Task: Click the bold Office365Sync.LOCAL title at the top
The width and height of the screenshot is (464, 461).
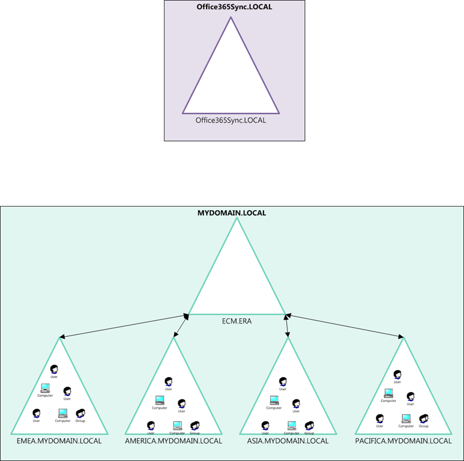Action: pyautogui.click(x=231, y=8)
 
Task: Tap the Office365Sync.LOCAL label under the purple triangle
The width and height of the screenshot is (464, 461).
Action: pyautogui.click(x=230, y=120)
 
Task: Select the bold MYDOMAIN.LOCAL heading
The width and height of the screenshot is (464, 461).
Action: pyautogui.click(x=232, y=212)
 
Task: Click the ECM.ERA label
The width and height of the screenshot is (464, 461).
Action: pyautogui.click(x=237, y=321)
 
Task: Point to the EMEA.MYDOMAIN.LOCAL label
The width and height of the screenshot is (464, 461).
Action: pyautogui.click(x=59, y=441)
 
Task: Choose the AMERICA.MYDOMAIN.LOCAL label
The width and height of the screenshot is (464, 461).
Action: pyautogui.click(x=173, y=441)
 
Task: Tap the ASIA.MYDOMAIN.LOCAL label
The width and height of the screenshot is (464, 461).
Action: pyautogui.click(x=288, y=441)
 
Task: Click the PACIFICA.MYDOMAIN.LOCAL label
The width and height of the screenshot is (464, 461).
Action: pyautogui.click(x=403, y=441)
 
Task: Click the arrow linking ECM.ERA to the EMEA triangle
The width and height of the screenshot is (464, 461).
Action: pyautogui.click(x=124, y=326)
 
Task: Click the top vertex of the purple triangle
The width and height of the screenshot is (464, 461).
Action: pyautogui.click(x=231, y=17)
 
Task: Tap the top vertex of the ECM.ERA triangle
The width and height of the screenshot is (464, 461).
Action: pyautogui.click(x=237, y=218)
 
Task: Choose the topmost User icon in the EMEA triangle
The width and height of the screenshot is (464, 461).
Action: pyautogui.click(x=54, y=369)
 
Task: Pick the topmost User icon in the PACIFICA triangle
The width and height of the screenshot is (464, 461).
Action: pyautogui.click(x=397, y=374)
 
